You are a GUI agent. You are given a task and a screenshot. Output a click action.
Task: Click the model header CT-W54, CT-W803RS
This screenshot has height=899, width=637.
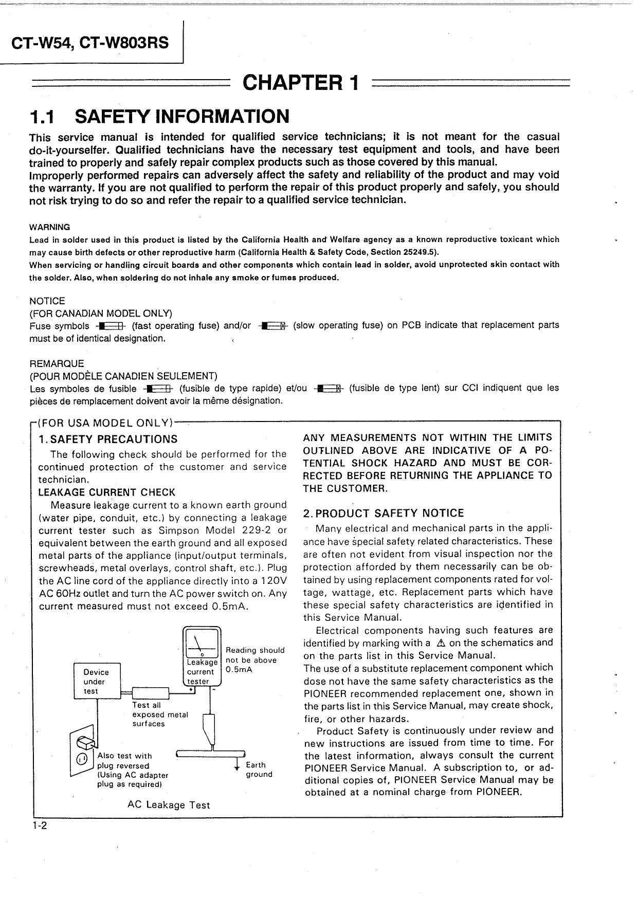pos(90,43)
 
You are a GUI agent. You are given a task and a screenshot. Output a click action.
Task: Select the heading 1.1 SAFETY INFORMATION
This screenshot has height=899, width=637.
pos(159,117)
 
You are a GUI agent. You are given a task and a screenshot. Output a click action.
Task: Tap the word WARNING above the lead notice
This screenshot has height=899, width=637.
pos(50,227)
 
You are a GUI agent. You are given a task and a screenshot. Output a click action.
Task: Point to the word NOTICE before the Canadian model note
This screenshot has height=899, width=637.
pos(47,301)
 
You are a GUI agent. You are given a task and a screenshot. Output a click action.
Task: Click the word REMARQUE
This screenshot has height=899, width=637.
pos(57,364)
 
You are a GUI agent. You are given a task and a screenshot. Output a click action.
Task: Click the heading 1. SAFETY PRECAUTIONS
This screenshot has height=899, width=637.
pos(108,439)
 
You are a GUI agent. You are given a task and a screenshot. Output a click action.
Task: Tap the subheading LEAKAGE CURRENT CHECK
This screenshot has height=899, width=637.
pos(107,492)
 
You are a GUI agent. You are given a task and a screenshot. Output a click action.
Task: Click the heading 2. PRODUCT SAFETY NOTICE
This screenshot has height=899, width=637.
pos(383,513)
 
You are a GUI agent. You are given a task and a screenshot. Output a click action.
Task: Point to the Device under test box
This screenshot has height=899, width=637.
pos(97,682)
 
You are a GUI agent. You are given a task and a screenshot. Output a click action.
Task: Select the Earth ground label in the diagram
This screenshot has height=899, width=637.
pos(259,769)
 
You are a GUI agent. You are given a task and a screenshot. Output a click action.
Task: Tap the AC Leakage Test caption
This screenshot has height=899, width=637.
pos(169,805)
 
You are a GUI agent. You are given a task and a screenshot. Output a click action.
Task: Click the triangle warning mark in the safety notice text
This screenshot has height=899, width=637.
pos(440,643)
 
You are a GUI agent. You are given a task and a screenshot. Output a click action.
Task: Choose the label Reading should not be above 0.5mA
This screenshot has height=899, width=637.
pos(254,660)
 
